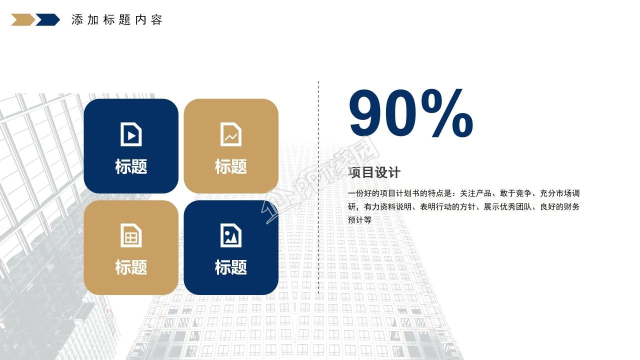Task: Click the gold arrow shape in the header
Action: (22, 20)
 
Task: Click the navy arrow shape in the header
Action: (47, 20)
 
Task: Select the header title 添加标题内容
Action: (117, 20)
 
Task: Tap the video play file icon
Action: (131, 134)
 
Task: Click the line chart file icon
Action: (231, 134)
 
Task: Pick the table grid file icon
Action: (131, 235)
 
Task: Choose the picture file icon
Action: (231, 235)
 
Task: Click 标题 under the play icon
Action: (131, 166)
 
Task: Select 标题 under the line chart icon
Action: (231, 166)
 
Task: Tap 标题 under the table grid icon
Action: (131, 267)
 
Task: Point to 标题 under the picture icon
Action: (231, 267)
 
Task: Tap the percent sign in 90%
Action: (446, 114)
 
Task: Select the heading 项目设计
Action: (374, 173)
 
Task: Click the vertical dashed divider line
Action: (318, 187)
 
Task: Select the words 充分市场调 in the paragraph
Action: (559, 193)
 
